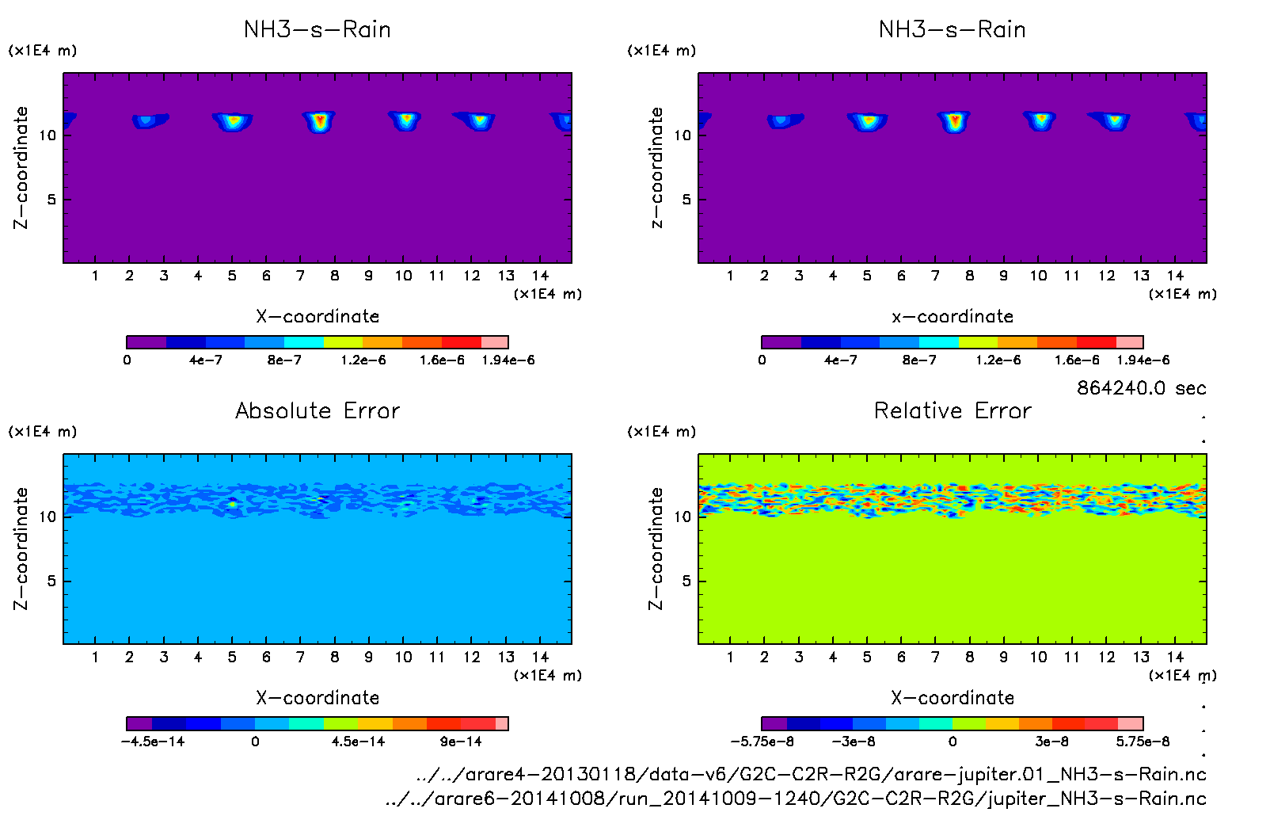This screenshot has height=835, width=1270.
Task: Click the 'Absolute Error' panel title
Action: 317,410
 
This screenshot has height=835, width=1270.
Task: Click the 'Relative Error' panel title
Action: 952,410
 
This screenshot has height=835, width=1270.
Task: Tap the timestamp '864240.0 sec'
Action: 1141,388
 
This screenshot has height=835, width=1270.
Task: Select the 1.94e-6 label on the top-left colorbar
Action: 508,360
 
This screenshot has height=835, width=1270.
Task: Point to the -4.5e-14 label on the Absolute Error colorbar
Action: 152,742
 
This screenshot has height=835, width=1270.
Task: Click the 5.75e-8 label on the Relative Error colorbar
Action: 1143,742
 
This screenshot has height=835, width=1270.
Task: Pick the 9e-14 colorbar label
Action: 461,742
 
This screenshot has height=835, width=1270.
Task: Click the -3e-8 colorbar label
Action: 853,742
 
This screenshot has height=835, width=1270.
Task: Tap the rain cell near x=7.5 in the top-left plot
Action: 319,121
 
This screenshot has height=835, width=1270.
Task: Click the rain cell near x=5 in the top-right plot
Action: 868,121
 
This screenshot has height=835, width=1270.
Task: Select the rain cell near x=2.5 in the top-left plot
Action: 147,121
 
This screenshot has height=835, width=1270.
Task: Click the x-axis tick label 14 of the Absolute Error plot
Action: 540,657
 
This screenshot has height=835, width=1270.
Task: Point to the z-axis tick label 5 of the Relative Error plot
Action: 686,581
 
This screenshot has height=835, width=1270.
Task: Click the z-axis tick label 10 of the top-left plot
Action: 48,135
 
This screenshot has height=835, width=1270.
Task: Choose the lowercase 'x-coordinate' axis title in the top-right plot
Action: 952,317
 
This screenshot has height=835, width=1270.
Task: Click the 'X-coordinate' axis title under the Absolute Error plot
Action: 317,698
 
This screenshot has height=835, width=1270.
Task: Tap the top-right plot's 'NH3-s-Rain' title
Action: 952,30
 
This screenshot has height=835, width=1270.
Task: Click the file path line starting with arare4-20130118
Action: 811,774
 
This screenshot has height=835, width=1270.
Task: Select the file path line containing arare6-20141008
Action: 795,799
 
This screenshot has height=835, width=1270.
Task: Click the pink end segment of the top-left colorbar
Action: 495,342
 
